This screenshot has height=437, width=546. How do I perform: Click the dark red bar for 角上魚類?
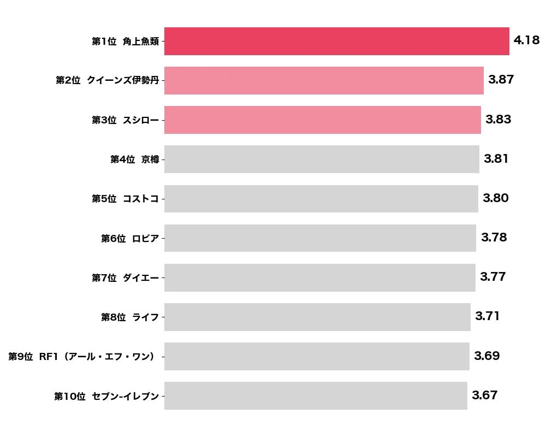[x=336, y=42]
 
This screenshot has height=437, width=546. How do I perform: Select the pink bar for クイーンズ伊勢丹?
[x=324, y=81]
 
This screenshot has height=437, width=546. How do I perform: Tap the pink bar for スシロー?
[x=322, y=120]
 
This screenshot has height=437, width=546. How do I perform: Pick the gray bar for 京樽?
[x=322, y=160]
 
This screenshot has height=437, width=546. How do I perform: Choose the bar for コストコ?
[x=321, y=199]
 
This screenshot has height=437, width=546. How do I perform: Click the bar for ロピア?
[x=320, y=238]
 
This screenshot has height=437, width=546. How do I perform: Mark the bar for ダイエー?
[x=319, y=277]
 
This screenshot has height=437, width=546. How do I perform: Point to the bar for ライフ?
[x=317, y=317]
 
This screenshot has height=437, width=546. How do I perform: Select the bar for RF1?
[x=317, y=356]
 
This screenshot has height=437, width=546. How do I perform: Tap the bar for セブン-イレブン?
[x=316, y=395]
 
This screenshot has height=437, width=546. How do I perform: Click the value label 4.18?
[x=526, y=40]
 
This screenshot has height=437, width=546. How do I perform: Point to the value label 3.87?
[x=501, y=80]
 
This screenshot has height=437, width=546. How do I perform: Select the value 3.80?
[x=495, y=198]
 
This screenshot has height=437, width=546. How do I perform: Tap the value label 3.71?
[x=487, y=316]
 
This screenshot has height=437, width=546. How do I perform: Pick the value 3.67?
[x=484, y=395]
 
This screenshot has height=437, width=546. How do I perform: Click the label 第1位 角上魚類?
[x=125, y=42]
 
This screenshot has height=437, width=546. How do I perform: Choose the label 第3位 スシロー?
[x=125, y=121]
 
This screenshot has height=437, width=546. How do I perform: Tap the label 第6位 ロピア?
[x=129, y=239]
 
